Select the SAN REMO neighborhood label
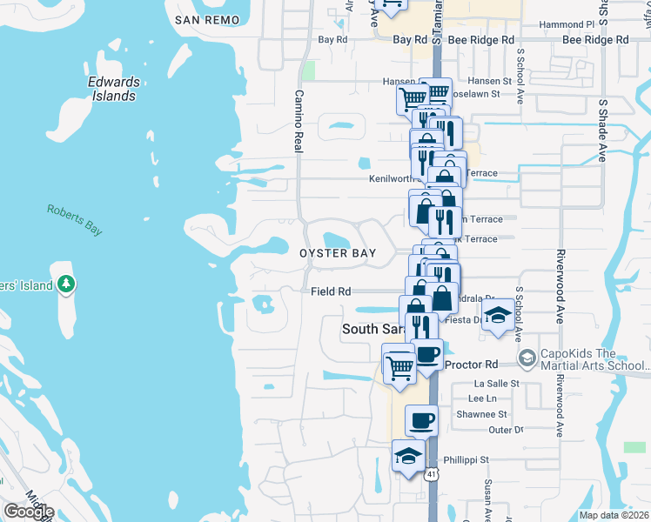pyautogui.click(x=206, y=19)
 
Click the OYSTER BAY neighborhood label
pyautogui.click(x=338, y=253)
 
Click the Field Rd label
pyautogui.click(x=331, y=292)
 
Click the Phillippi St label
pyautogui.click(x=468, y=459)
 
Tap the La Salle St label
pyautogui.click(x=496, y=383)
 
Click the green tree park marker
pyautogui.click(x=65, y=284)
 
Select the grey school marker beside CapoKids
pyautogui.click(x=526, y=358)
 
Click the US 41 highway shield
pyautogui.click(x=432, y=475)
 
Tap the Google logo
pyautogui.click(x=29, y=512)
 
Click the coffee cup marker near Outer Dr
pyautogui.click(x=421, y=420)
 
